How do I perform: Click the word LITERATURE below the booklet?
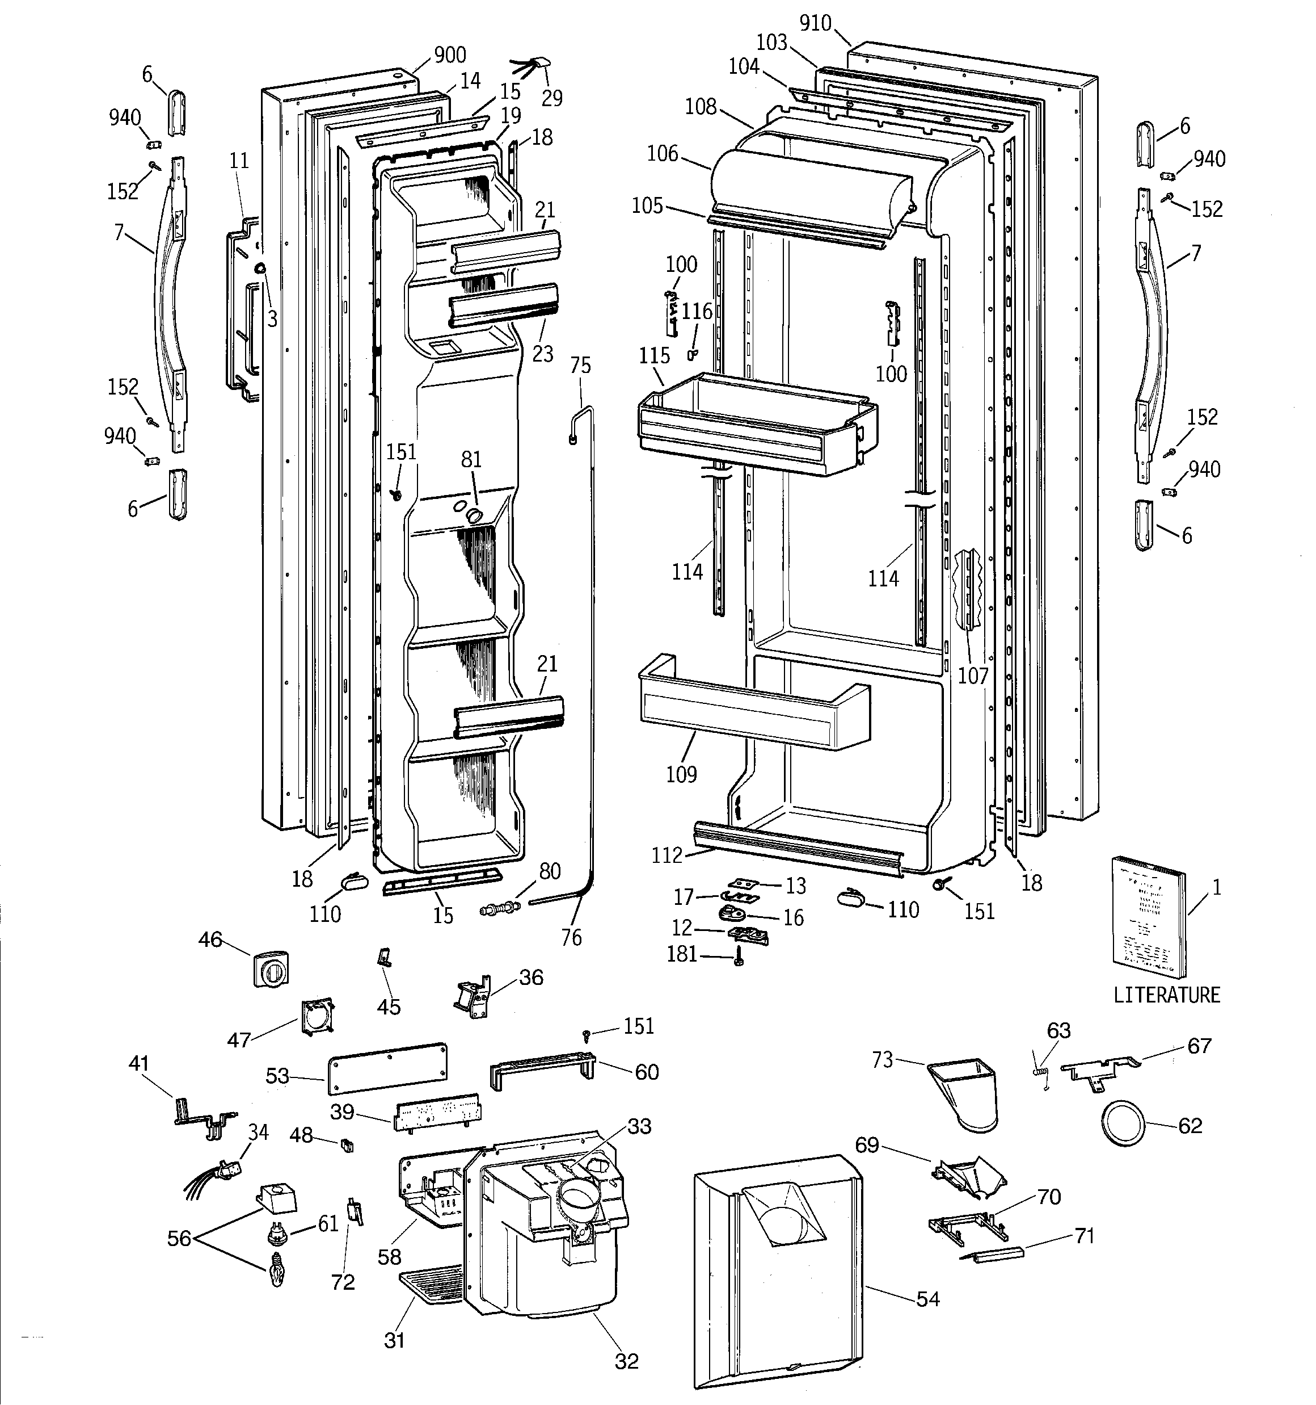click(x=1166, y=995)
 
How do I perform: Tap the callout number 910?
click(x=815, y=23)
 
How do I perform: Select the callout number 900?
click(x=449, y=54)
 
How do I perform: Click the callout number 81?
click(x=471, y=459)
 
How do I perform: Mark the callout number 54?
click(x=927, y=1299)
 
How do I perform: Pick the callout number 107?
click(x=973, y=676)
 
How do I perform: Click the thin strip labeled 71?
click(x=992, y=1255)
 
